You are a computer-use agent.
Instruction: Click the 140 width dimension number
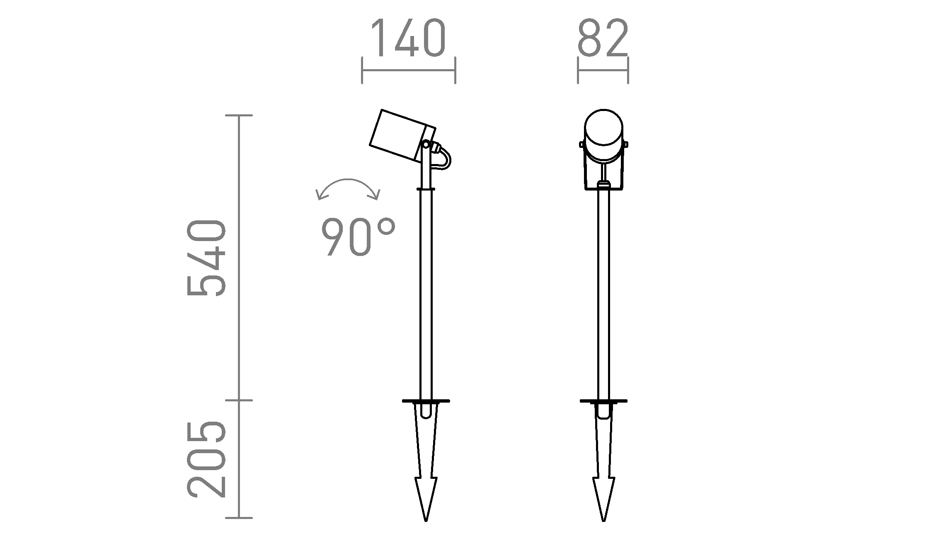coord(409,38)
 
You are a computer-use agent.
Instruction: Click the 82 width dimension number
coord(603,38)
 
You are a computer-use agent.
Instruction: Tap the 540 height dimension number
coord(206,258)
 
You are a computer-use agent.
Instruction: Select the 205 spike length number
coord(206,459)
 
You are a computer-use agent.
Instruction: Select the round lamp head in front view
coord(603,128)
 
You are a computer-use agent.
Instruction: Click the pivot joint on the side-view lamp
coord(426,145)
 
